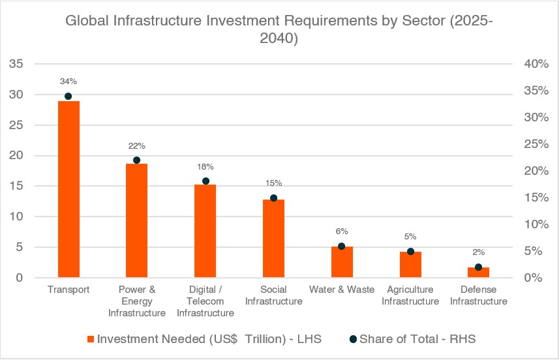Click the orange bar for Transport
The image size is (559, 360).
pos(68,189)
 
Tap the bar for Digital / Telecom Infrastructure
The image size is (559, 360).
pos(205,231)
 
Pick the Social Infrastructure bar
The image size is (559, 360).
pos(273,239)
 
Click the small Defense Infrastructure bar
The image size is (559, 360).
pos(478,273)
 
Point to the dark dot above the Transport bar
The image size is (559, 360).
pos(68,96)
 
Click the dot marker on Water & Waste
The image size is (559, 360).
pos(342,246)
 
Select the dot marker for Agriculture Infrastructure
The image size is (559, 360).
pos(410,251)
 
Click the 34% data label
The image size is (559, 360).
pos(68,82)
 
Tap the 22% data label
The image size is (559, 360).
pos(136,145)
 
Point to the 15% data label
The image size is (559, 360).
pos(273,183)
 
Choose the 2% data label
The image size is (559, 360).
pos(478,252)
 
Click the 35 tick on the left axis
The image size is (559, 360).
pos(16,64)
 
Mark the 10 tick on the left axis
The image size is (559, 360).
pos(16,217)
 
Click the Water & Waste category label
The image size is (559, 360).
pos(342,290)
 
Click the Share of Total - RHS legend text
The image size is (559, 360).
pos(423,338)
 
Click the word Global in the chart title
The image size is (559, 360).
pos(85,21)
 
